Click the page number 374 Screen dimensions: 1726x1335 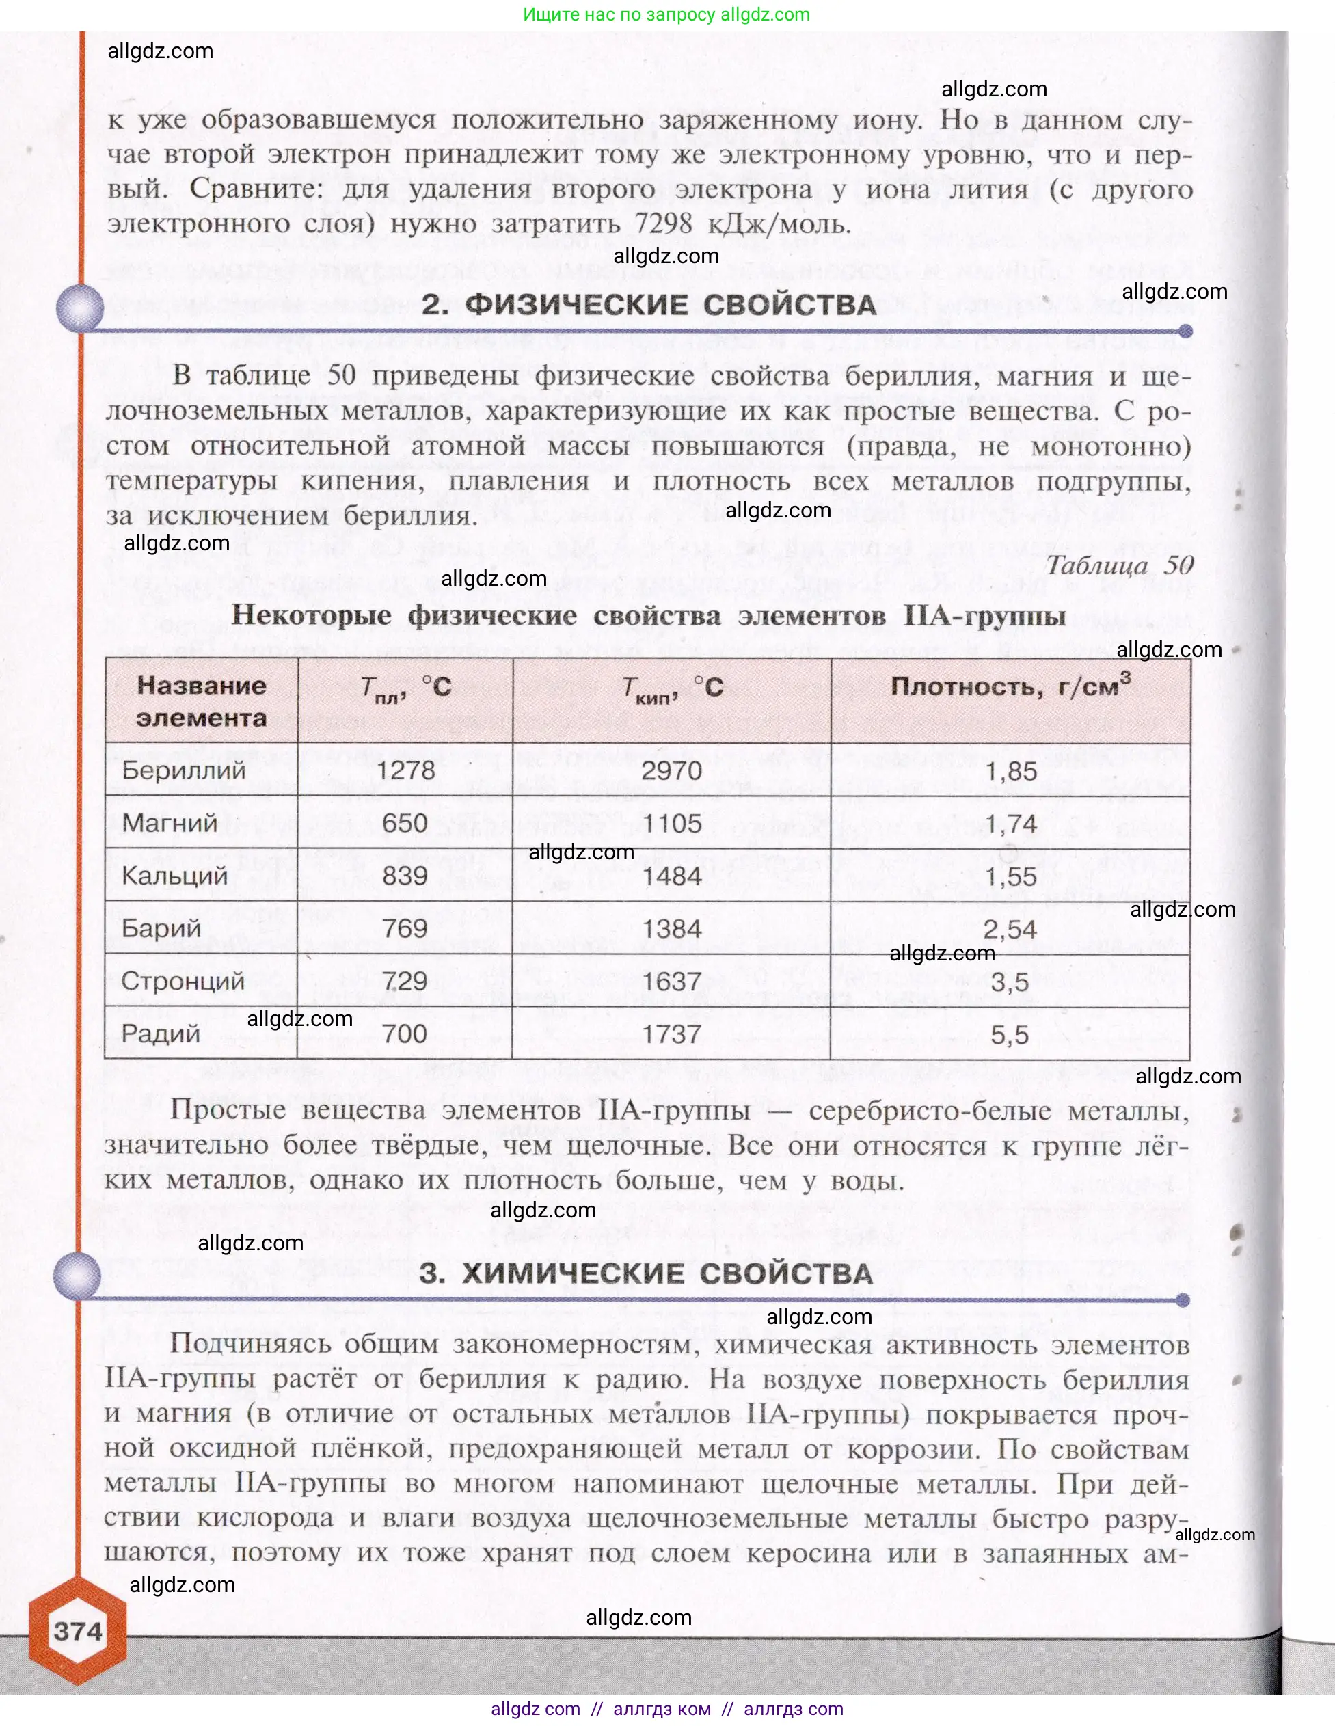click(77, 1631)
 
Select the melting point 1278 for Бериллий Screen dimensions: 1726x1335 click(406, 770)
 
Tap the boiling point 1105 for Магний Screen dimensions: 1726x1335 click(672, 824)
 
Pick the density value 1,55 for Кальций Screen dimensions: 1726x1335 click(1010, 876)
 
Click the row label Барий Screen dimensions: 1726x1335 click(161, 928)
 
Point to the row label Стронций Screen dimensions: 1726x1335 click(183, 981)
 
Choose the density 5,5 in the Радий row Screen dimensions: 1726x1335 click(1010, 1034)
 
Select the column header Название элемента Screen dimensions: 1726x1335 click(201, 701)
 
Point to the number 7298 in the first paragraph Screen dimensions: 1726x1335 click(663, 224)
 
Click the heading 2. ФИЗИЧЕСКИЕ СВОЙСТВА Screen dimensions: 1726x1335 click(649, 305)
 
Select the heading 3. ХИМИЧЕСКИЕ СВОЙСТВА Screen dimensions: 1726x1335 click(646, 1273)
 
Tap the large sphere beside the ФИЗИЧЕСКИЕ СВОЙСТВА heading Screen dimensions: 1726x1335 click(80, 307)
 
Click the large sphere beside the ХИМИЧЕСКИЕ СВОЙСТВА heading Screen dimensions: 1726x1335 click(77, 1275)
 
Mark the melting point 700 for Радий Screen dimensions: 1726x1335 click(405, 1034)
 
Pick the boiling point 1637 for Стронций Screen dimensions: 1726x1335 click(672, 982)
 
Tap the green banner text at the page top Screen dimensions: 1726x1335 click(666, 14)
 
